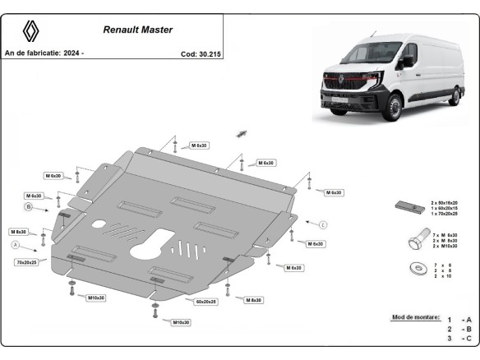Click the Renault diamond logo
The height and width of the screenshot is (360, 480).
coord(30,31)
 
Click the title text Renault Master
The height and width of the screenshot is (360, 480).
coord(137,29)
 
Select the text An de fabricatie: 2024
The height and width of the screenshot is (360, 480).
coord(45,53)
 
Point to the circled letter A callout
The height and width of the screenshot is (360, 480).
coord(15,245)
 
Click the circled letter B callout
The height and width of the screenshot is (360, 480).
coord(27,208)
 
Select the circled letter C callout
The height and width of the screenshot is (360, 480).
coord(323,224)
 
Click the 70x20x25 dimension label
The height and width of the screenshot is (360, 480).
coord(25,261)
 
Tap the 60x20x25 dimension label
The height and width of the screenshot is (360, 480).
coord(205,302)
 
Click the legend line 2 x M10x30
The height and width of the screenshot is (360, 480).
coord(445,246)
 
